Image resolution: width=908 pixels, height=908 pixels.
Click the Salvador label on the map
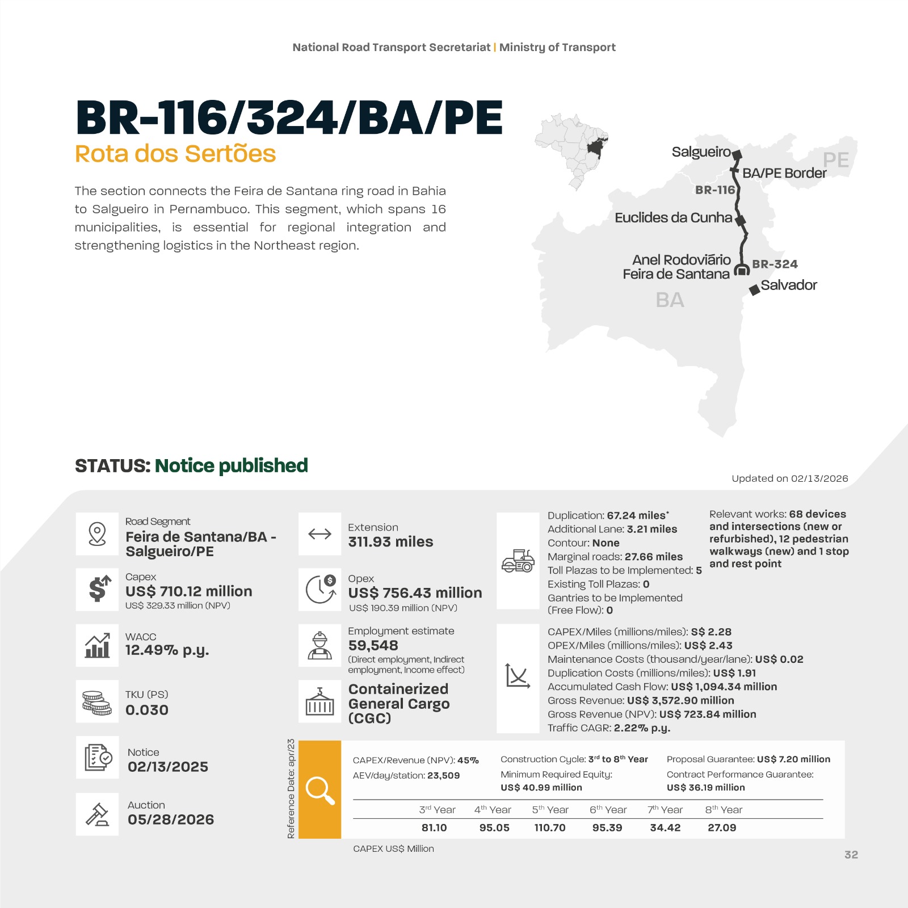click(x=788, y=285)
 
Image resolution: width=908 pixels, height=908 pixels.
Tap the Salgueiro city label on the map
click(x=701, y=152)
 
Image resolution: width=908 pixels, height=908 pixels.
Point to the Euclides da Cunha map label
click(x=673, y=218)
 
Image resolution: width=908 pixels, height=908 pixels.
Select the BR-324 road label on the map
click(x=775, y=264)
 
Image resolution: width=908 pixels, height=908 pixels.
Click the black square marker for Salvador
click(x=754, y=290)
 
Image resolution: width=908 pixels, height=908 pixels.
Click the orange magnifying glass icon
click(x=320, y=790)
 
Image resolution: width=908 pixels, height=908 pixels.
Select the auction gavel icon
click(x=97, y=814)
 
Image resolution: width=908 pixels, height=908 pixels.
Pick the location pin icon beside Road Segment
click(x=97, y=534)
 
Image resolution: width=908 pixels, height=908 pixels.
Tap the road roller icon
click(x=518, y=561)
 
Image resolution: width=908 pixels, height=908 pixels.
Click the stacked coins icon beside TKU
click(x=97, y=703)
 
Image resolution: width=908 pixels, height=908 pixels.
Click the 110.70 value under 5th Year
click(x=549, y=828)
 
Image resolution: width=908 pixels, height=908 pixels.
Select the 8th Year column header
click(x=724, y=810)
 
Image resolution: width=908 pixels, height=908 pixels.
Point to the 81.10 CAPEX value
click(x=434, y=828)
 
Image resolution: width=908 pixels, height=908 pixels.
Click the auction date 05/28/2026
click(x=171, y=819)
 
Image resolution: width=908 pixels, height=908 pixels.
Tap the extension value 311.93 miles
click(x=390, y=542)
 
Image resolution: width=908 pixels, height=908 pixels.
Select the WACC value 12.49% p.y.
click(x=167, y=650)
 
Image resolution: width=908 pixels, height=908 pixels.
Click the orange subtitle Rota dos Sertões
click(x=175, y=154)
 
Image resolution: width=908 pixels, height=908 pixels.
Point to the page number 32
click(x=851, y=855)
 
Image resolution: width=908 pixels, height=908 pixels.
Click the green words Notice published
click(x=231, y=466)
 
